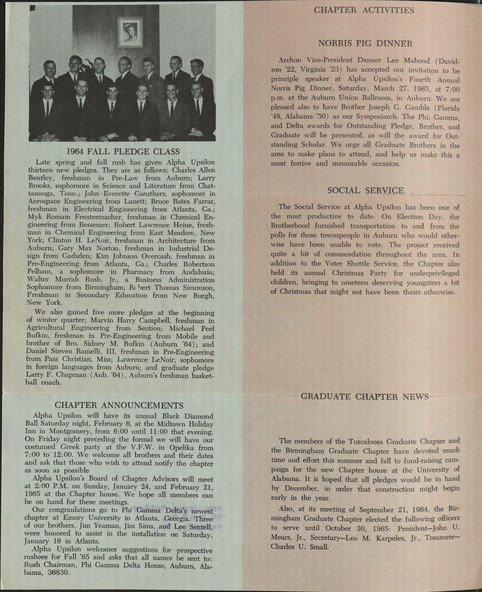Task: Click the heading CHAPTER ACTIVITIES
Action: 364,10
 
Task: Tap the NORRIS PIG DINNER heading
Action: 365,44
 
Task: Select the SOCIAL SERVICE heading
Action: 365,191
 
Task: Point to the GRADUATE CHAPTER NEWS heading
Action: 365,397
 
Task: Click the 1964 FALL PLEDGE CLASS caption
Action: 123,151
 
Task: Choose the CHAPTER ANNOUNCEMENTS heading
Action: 119,405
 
